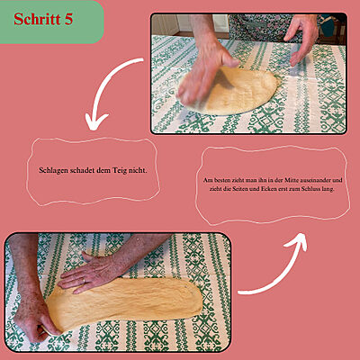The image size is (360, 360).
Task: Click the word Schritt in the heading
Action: click(37, 19)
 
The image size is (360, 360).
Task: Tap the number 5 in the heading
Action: click(68, 19)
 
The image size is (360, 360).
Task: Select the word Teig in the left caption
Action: click(120, 171)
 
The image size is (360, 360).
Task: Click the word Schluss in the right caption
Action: click(312, 189)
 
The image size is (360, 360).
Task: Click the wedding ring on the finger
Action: click(84, 281)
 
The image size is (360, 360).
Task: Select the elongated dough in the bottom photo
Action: click(124, 303)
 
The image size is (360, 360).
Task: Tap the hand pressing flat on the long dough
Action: click(90, 273)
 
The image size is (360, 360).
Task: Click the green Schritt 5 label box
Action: click(51, 22)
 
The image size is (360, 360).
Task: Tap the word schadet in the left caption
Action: click(82, 171)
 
